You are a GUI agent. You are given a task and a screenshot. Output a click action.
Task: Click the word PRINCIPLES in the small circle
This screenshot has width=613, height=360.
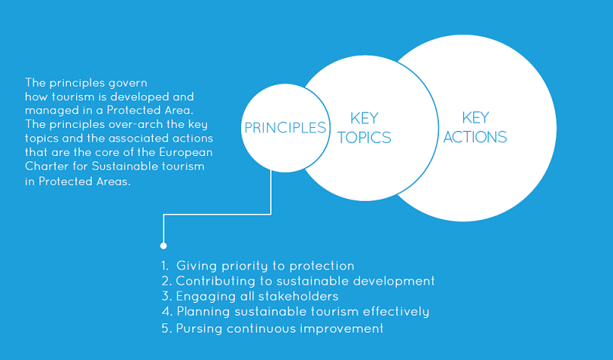pyautogui.click(x=285, y=128)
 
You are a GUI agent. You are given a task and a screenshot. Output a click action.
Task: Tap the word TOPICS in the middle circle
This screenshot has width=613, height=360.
pyautogui.click(x=364, y=137)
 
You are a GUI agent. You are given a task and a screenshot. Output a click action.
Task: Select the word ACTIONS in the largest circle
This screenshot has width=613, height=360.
pyautogui.click(x=475, y=137)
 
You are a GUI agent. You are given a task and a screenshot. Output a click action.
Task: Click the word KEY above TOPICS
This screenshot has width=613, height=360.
pyautogui.click(x=364, y=118)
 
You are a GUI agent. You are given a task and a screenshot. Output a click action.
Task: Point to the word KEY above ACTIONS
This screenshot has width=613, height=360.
pyautogui.click(x=476, y=117)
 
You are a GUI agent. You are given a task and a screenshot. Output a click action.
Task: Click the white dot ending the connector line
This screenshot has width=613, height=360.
pyautogui.click(x=164, y=246)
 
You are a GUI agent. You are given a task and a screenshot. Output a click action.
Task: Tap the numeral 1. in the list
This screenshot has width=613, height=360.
pyautogui.click(x=165, y=266)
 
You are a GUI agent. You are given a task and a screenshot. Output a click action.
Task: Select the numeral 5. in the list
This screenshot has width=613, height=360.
pyautogui.click(x=167, y=328)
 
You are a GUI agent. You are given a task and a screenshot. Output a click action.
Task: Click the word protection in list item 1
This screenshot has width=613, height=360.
pyautogui.click(x=322, y=266)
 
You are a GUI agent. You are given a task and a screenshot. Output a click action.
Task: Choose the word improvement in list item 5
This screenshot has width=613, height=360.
pyautogui.click(x=341, y=329)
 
